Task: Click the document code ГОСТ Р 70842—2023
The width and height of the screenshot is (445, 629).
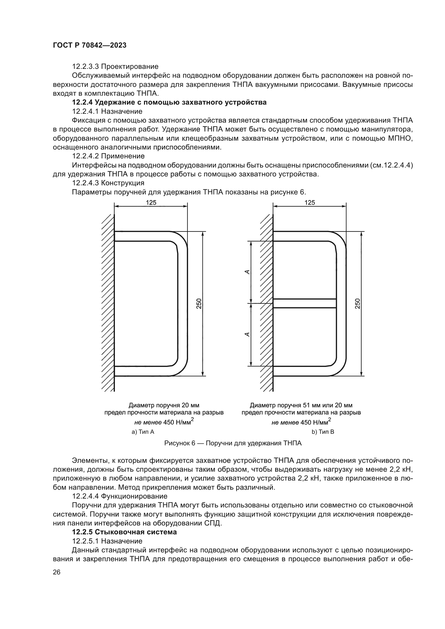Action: (x=89, y=45)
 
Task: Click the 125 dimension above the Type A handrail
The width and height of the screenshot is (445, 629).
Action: (x=151, y=202)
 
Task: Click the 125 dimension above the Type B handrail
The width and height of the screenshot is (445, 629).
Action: (x=310, y=202)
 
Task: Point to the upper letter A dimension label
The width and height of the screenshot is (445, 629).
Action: (x=247, y=272)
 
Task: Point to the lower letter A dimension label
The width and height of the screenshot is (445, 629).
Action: (x=247, y=335)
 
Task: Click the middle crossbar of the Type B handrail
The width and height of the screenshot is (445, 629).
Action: (x=305, y=303)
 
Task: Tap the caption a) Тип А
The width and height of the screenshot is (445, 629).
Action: (x=143, y=432)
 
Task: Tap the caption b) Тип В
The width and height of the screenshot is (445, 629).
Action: (x=323, y=432)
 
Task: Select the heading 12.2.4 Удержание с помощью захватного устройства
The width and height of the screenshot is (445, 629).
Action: (x=169, y=102)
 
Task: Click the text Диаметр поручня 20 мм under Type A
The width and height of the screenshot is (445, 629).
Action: (x=164, y=405)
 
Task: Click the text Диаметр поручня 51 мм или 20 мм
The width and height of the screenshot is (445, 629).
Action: (x=301, y=405)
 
